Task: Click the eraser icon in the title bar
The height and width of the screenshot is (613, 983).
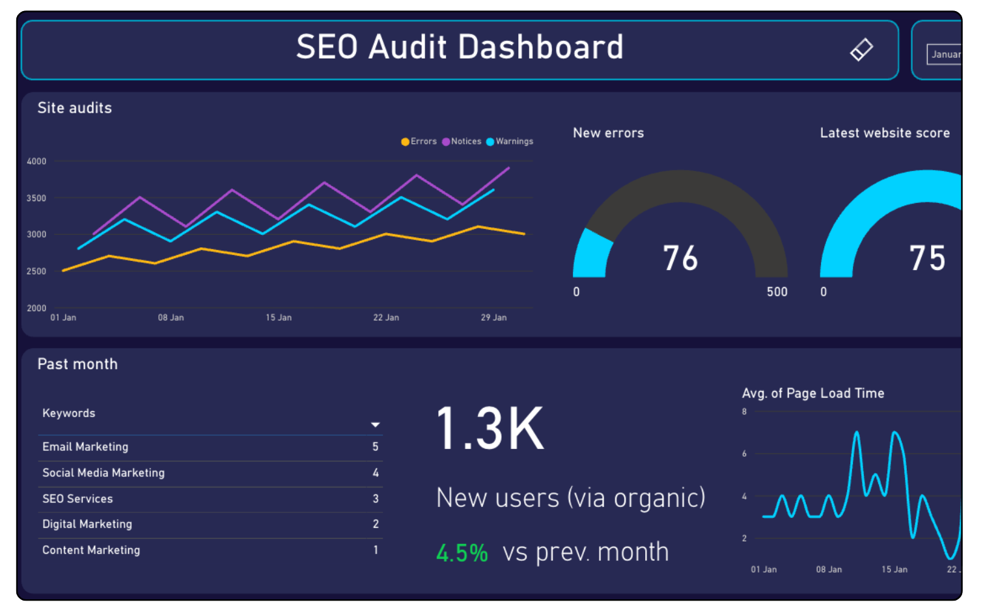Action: click(x=861, y=49)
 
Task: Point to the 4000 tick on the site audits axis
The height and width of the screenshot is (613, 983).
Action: click(x=36, y=161)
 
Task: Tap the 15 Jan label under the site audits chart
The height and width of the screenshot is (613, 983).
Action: click(x=279, y=318)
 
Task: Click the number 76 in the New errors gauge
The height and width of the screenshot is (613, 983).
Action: click(x=680, y=258)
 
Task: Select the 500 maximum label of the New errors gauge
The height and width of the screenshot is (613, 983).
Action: click(x=777, y=292)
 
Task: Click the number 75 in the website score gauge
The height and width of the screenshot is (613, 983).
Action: click(x=927, y=258)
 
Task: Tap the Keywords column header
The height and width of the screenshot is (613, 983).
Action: click(x=69, y=413)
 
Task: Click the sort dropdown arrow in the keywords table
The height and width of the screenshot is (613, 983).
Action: click(x=375, y=425)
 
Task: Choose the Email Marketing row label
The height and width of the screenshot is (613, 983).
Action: click(x=85, y=447)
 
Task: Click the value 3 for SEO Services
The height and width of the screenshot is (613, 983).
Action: click(x=376, y=499)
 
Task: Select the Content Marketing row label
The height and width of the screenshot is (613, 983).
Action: click(x=91, y=551)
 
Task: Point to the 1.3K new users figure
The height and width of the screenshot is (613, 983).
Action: click(x=490, y=428)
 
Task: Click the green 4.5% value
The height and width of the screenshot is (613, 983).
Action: click(x=462, y=553)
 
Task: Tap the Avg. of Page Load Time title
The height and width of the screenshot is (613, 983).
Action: click(x=813, y=393)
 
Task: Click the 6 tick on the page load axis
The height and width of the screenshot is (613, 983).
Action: click(x=744, y=454)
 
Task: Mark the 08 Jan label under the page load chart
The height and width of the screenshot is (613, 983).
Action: click(x=829, y=569)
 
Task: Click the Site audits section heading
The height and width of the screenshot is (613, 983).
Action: click(x=75, y=108)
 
